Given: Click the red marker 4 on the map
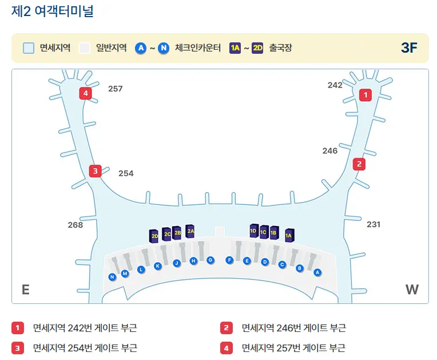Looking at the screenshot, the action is [x=86, y=93].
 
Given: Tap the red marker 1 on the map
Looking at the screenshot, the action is [x=366, y=95].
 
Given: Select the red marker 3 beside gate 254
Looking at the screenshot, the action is [x=96, y=171].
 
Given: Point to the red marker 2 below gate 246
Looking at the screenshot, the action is [x=359, y=164].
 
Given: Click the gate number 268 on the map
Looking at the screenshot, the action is [x=76, y=225].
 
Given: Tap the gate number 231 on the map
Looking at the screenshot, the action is [x=374, y=224].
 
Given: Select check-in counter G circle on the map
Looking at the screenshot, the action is [x=210, y=260].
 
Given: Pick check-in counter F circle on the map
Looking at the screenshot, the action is [x=229, y=260].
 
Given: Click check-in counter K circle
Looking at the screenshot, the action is [x=158, y=266].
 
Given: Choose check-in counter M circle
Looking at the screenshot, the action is [x=125, y=274].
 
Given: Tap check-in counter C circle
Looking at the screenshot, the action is [x=282, y=264].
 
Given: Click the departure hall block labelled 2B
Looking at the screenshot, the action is [x=177, y=233].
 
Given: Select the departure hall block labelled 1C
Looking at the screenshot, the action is [x=264, y=232].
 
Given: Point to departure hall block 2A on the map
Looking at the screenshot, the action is [x=190, y=231].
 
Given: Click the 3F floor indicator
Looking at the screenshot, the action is [x=409, y=48].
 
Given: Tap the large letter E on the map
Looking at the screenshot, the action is [x=26, y=290].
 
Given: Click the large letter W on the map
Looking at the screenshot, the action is [x=412, y=290].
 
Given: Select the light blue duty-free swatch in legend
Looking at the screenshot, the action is [x=29, y=48].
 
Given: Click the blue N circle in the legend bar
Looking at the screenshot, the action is [x=164, y=48].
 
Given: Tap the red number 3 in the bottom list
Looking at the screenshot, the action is [x=18, y=348].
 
